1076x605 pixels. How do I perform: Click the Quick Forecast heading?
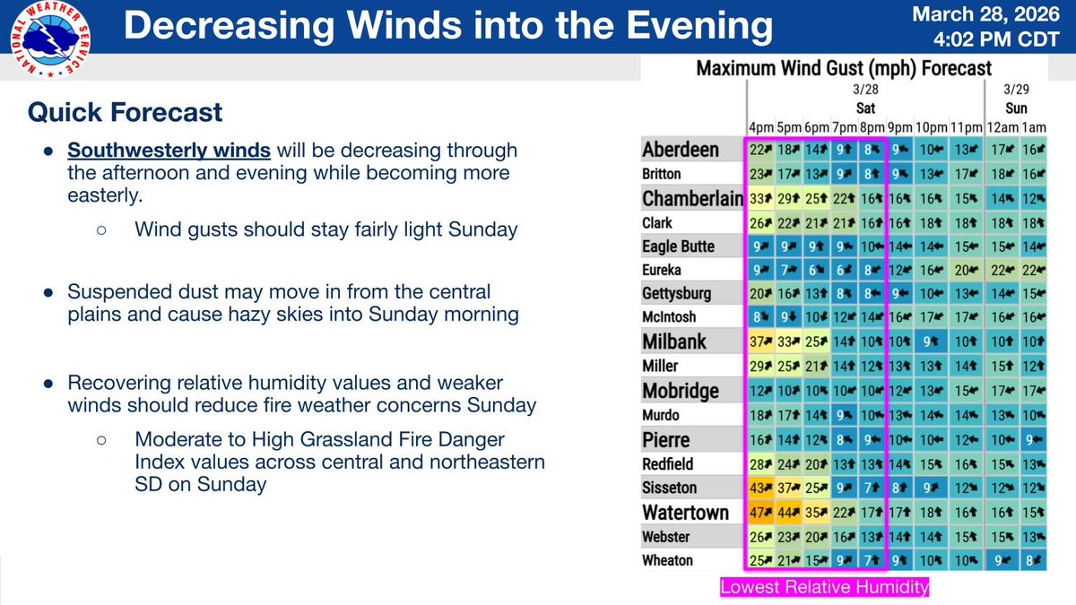tap(125, 112)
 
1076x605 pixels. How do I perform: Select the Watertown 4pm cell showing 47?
tap(760, 513)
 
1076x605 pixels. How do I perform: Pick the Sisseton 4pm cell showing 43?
tap(760, 488)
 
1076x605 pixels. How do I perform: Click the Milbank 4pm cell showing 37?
tap(760, 341)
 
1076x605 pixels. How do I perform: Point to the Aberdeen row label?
tap(681, 149)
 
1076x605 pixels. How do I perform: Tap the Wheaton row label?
tap(668, 560)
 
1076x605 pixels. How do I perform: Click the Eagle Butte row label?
tap(679, 246)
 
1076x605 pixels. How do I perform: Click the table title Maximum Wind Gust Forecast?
tap(845, 68)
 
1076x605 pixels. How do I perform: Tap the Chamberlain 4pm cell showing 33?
tap(760, 197)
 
